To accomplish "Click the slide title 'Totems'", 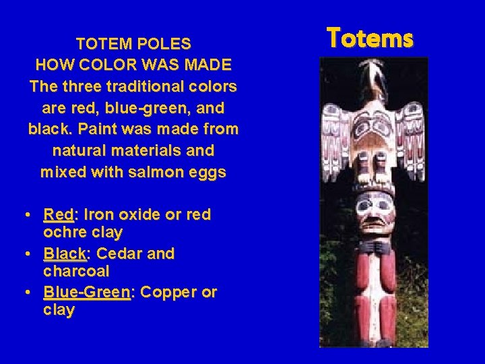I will (x=370, y=38).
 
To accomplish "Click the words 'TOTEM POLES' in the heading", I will (x=133, y=44).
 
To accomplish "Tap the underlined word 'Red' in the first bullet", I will (x=59, y=215).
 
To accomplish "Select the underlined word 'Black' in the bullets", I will (x=65, y=254).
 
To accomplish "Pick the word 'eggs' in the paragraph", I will (x=208, y=172).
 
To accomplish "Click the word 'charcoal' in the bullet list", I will (x=76, y=271).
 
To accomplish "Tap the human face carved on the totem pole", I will (x=373, y=212).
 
